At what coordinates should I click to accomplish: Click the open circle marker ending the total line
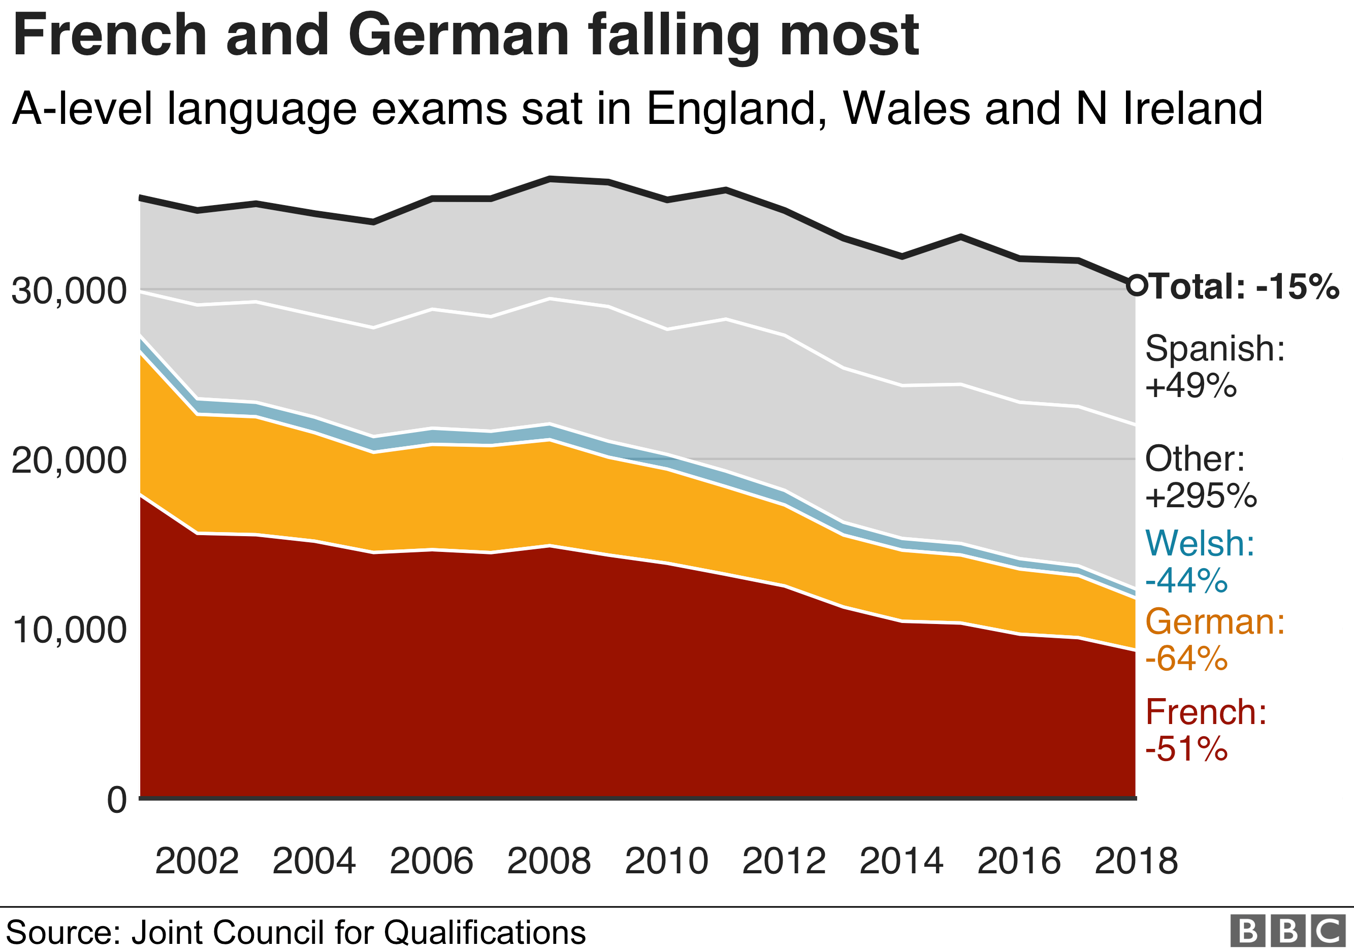(x=1137, y=285)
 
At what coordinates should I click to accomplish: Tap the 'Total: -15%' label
(x=1244, y=286)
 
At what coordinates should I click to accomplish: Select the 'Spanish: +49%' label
(x=1214, y=367)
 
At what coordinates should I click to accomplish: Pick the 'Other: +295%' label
(x=1200, y=477)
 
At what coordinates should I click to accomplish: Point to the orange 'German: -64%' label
(x=1214, y=640)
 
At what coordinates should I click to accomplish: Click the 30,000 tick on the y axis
(x=69, y=290)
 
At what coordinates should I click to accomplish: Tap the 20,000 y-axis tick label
(x=69, y=461)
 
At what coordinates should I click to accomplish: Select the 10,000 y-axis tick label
(x=69, y=630)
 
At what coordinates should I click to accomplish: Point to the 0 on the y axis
(x=117, y=800)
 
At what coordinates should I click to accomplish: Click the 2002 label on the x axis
(x=197, y=861)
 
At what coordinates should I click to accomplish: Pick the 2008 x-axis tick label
(x=549, y=861)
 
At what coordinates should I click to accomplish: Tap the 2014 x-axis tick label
(x=901, y=861)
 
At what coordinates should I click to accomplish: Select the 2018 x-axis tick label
(x=1136, y=861)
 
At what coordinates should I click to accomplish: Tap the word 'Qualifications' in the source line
(x=485, y=933)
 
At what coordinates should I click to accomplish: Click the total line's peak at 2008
(x=550, y=179)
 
